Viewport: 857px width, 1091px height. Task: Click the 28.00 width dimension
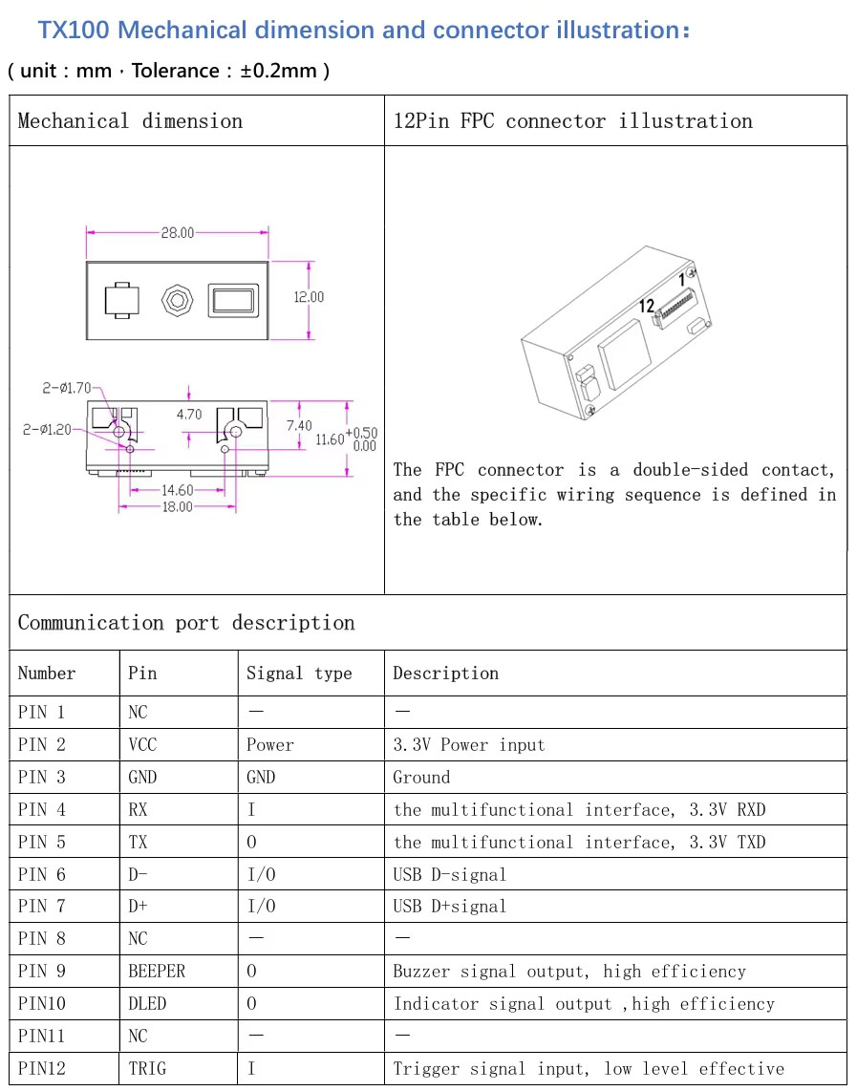[x=178, y=232]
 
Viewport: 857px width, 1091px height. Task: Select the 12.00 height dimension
[x=309, y=297]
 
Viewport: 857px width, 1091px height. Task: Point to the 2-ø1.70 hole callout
[x=66, y=388]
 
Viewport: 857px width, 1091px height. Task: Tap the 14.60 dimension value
[x=178, y=490]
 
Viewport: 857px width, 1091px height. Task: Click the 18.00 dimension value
[x=178, y=506]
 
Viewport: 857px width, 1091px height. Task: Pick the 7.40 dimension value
[x=299, y=425]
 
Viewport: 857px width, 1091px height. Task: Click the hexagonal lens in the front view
[x=178, y=301]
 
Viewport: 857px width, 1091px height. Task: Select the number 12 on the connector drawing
[x=646, y=306]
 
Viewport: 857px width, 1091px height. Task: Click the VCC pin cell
[x=142, y=744]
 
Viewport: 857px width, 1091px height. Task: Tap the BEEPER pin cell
[x=157, y=972]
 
